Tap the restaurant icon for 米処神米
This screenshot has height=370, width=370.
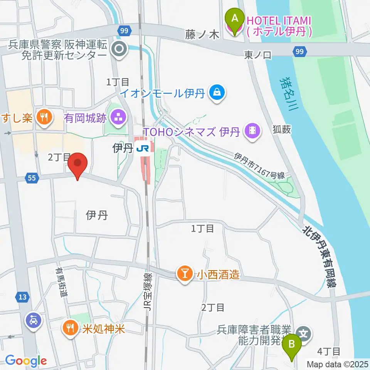70,328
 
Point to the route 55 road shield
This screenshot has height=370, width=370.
32,178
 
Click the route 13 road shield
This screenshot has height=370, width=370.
22,297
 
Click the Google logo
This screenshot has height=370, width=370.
26,361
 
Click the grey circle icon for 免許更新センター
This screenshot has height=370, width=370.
119,49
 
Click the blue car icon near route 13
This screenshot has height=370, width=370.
33,320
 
